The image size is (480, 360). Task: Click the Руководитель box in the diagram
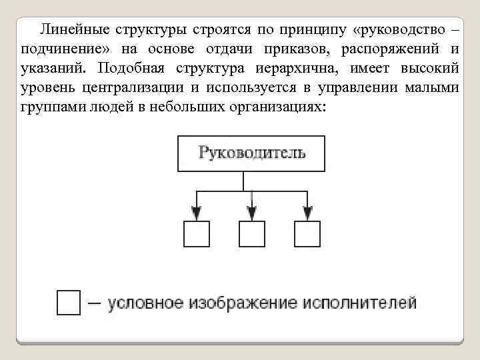[251, 153]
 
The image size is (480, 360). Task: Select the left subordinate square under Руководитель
[196, 234]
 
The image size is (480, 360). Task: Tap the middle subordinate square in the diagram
[251, 234]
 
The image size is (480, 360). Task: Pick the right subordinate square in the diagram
[307, 234]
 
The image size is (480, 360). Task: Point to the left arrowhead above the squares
[196, 212]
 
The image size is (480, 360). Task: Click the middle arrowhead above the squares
[251, 212]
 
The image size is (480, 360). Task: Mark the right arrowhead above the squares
[307, 212]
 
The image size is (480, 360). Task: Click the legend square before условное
[69, 302]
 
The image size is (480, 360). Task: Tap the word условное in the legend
[145, 303]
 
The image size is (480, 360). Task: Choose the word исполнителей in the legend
[359, 303]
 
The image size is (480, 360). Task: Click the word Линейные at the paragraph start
[74, 30]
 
